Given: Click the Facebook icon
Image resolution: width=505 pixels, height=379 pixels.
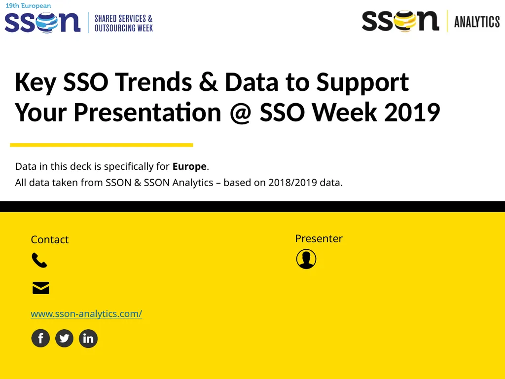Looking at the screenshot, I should [40, 339].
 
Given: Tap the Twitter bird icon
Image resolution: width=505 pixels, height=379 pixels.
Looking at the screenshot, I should [64, 339].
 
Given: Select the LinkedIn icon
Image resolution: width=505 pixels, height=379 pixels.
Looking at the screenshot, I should [88, 339].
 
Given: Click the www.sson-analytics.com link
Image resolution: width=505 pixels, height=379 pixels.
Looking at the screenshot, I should [86, 314].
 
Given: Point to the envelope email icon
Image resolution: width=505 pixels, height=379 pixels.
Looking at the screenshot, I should [40, 288].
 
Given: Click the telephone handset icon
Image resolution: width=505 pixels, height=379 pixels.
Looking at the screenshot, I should [39, 260].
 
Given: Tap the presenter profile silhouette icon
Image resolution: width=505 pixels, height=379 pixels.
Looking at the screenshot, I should [306, 259].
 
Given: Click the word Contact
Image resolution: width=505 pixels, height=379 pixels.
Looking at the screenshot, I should [49, 240].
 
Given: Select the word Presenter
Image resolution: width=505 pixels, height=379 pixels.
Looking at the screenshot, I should [319, 239].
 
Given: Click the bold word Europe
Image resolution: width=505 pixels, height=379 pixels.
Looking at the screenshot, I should [189, 166].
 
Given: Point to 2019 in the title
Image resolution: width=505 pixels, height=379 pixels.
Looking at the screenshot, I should [412, 113].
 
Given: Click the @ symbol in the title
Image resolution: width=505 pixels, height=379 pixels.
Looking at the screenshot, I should [241, 113].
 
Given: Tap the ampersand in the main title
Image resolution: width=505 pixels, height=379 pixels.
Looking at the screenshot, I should [209, 82].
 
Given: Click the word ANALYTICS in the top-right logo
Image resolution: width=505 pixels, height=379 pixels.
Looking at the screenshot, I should [476, 22].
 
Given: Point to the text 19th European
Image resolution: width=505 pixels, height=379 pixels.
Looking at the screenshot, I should [28, 6].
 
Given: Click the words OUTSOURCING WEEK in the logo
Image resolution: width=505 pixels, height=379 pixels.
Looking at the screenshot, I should [124, 28].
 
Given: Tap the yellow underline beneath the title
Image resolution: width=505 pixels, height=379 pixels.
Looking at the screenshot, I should [101, 145].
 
